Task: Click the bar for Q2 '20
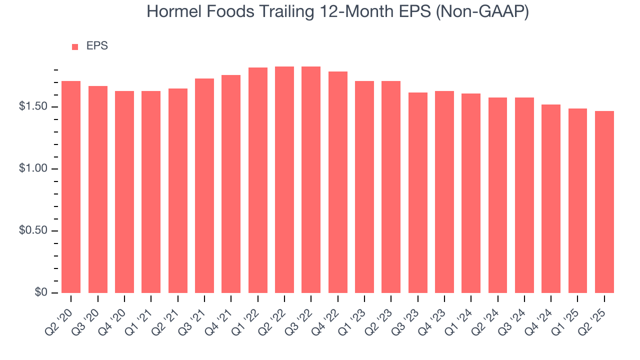(x=71, y=187)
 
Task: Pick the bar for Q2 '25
(x=604, y=202)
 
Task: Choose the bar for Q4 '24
(x=551, y=198)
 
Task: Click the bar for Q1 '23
(x=364, y=187)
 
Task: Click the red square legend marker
(x=75, y=46)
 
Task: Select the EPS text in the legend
(x=97, y=46)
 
